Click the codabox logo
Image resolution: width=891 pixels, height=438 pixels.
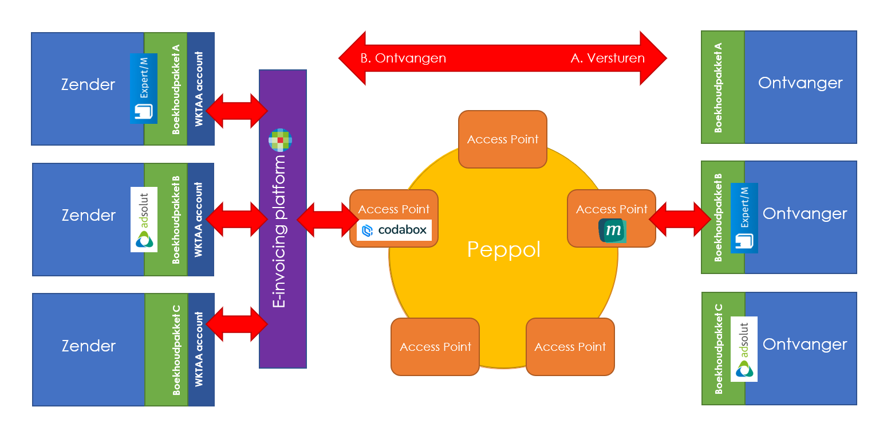[x=394, y=230]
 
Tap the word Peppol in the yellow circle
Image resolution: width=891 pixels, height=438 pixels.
[x=503, y=250]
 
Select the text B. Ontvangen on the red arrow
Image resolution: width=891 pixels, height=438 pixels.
[x=403, y=58]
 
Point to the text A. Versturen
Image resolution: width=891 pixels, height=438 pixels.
[x=608, y=58]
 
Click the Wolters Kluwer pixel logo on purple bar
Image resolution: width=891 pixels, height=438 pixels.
[x=281, y=140]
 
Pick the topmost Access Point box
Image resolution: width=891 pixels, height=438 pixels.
[x=503, y=139]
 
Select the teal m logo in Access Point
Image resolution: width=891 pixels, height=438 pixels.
[x=612, y=230]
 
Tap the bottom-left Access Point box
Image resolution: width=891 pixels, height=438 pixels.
[x=435, y=347]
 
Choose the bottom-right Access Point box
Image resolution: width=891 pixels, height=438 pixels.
[x=570, y=347]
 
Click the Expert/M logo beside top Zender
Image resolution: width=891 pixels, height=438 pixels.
[x=143, y=88]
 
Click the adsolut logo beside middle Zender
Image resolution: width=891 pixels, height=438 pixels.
[x=144, y=220]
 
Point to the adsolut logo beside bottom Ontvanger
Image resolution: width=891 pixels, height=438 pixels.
[x=744, y=349]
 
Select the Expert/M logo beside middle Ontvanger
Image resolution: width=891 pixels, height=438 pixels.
[x=744, y=218]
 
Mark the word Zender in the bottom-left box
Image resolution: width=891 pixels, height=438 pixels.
[x=88, y=346]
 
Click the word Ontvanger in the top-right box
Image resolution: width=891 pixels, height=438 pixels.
[x=800, y=83]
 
